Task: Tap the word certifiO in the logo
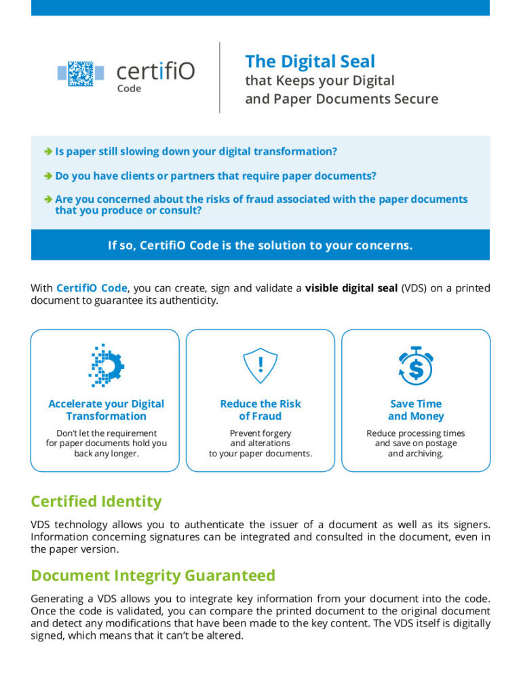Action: tap(155, 71)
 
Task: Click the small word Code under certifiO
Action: tap(129, 89)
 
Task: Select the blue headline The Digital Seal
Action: tap(310, 61)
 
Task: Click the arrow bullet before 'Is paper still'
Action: tap(48, 151)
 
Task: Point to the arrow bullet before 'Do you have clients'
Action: tap(48, 176)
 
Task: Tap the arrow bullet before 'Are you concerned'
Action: tap(48, 199)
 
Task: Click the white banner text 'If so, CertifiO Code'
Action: tap(260, 245)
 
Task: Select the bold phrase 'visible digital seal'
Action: tap(351, 288)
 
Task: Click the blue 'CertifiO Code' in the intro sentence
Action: tap(92, 288)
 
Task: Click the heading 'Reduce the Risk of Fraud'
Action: tap(260, 410)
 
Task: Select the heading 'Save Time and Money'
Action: tap(416, 410)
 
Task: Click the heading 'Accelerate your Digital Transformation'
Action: tap(106, 410)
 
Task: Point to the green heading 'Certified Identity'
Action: tap(96, 502)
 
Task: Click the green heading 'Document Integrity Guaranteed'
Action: tap(153, 576)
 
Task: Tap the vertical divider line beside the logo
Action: tap(220, 77)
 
